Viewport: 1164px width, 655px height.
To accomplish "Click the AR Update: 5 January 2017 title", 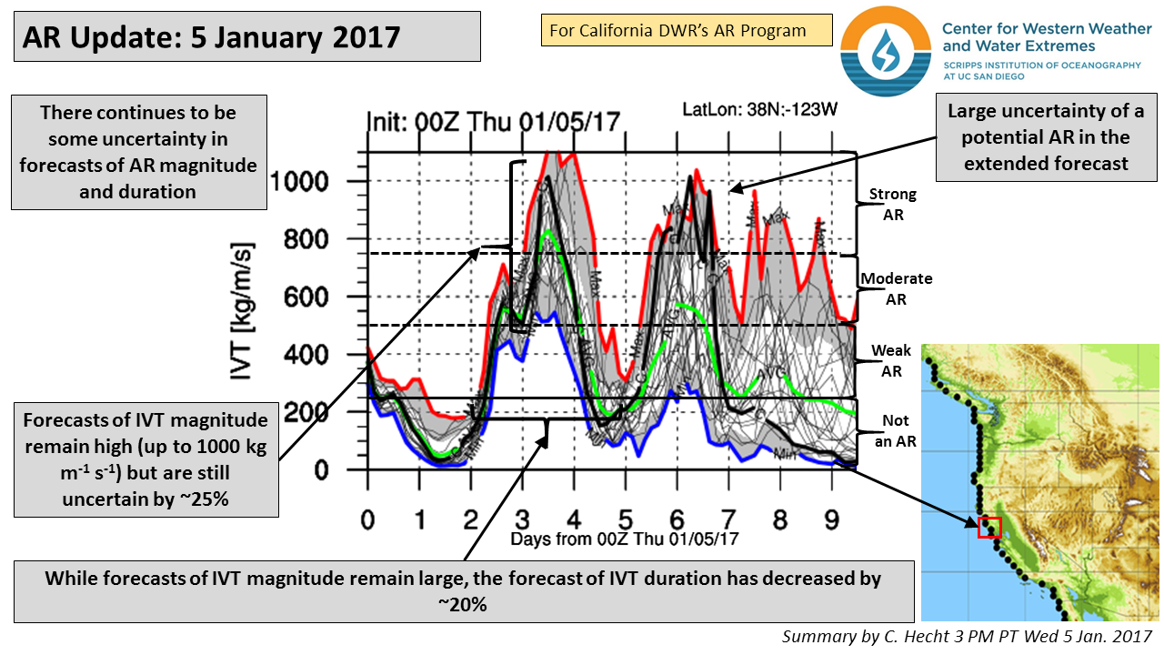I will tap(212, 37).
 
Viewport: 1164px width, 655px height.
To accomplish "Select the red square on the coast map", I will tap(988, 527).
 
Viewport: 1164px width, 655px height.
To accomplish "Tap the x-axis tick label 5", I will tap(625, 519).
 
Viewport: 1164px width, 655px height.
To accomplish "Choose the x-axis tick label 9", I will tap(831, 519).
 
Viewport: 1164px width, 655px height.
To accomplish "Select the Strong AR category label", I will tap(892, 204).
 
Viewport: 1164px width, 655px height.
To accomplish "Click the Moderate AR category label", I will tap(896, 287).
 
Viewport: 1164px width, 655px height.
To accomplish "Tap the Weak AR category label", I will tap(891, 359).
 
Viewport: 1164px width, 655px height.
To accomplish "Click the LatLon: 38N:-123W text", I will tap(759, 110).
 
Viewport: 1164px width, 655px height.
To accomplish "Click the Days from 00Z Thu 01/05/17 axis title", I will tap(624, 539).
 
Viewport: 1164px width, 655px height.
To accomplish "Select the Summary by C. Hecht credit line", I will tap(966, 635).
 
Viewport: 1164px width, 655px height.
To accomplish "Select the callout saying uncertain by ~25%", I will tap(145, 460).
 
